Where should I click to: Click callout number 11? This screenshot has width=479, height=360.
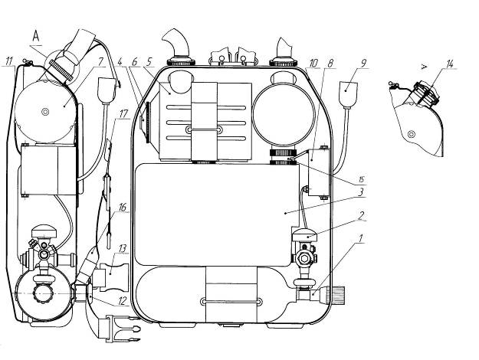[x=10, y=61]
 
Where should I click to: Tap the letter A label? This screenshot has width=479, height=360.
[x=36, y=36]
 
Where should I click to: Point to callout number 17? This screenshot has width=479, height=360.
[x=123, y=114]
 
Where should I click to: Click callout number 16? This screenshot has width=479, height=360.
[x=122, y=208]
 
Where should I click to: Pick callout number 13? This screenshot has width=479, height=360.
[x=122, y=248]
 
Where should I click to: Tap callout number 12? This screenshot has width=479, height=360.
[x=122, y=301]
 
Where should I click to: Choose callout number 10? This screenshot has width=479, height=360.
[x=313, y=64]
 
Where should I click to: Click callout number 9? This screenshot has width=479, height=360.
[x=363, y=64]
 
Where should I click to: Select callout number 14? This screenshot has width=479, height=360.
[x=450, y=64]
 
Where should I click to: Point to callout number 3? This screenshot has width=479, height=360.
[x=361, y=192]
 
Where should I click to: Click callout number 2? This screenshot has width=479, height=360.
[x=361, y=215]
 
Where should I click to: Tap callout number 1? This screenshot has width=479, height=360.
[x=361, y=238]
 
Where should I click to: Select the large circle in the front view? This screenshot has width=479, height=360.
[x=284, y=113]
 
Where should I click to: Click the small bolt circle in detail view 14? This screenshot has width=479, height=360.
[x=412, y=133]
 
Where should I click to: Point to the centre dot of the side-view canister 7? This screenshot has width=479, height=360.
[x=45, y=112]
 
